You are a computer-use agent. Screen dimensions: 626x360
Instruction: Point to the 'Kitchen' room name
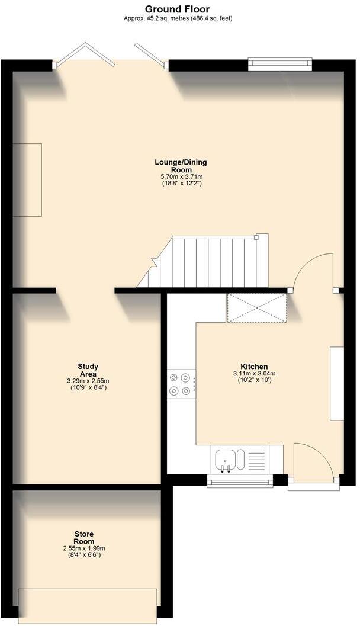(x=254, y=367)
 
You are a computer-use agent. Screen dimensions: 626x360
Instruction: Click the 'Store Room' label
(x=83, y=538)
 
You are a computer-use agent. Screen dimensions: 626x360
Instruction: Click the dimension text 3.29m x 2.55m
(x=88, y=381)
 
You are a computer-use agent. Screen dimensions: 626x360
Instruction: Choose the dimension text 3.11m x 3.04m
(x=254, y=374)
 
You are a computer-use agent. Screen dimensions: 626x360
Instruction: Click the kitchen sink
(x=226, y=460)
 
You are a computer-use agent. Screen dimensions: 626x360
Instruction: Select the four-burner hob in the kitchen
(x=181, y=383)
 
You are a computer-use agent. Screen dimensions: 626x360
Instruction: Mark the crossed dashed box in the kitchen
(x=256, y=308)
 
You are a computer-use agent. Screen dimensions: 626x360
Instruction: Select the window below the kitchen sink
(x=240, y=481)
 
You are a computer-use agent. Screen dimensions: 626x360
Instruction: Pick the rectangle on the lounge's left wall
(x=28, y=179)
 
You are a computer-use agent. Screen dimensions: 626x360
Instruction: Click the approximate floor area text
(x=178, y=18)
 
